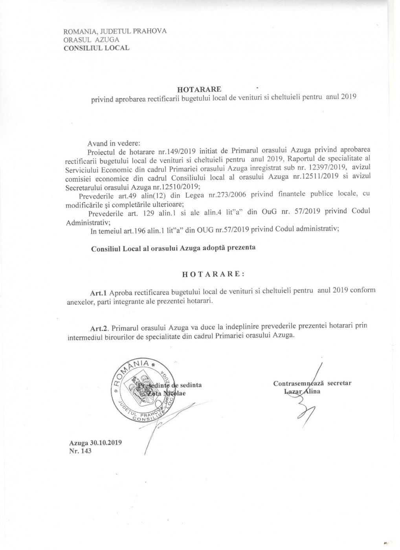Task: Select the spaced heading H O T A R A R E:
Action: (213, 274)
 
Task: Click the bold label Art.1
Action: (99, 292)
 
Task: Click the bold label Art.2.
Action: (99, 327)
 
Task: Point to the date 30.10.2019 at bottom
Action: (106, 442)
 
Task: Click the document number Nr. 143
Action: (80, 451)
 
